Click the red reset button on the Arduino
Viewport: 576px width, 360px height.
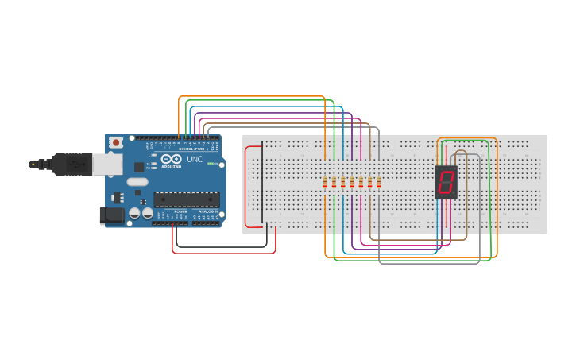[116, 142]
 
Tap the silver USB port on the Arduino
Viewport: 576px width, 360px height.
[106, 165]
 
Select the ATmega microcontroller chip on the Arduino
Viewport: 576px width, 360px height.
[186, 199]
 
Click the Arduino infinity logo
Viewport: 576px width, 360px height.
[172, 159]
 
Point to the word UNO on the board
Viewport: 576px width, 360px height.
[195, 159]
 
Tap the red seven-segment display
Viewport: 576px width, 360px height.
[446, 182]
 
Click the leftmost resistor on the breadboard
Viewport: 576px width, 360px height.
[325, 184]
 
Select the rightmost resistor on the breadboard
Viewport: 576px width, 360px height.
[378, 184]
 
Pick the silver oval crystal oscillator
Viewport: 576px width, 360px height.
[137, 182]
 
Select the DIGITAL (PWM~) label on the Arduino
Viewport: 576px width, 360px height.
[193, 149]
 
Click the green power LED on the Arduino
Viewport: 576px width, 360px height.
[212, 163]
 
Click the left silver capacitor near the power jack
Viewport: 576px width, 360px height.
[135, 213]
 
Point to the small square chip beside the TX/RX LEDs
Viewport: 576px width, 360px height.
[139, 167]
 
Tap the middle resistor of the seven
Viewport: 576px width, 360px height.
[352, 184]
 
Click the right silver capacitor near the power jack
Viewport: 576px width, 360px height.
[147, 213]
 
